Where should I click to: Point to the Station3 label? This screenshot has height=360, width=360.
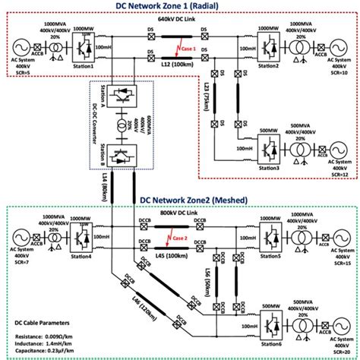(264, 168)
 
